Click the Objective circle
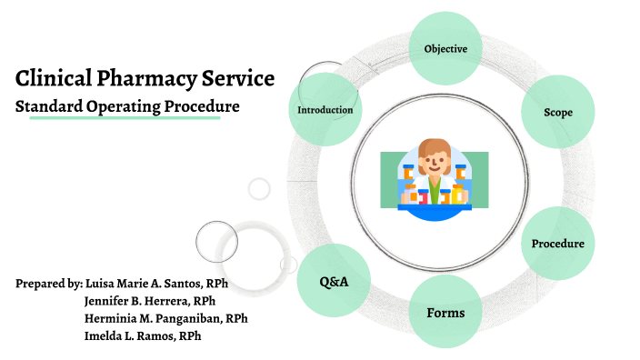point(445,48)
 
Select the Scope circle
point(557,113)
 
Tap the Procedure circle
point(557,244)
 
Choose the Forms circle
point(445,313)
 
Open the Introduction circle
point(325,110)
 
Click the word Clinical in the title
point(51,78)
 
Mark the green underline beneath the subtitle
point(125,118)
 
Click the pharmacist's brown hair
point(434,147)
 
